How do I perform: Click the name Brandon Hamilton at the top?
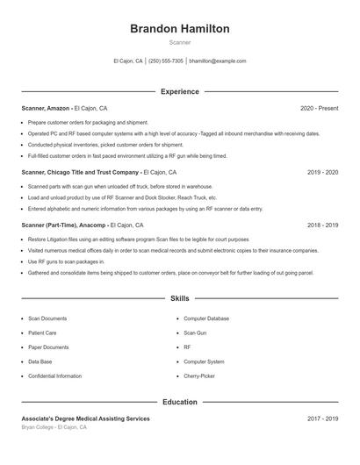click(179, 29)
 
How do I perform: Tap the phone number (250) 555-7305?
click(166, 61)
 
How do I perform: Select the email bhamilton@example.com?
click(218, 61)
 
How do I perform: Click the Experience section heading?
click(179, 91)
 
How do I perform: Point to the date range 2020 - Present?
click(319, 108)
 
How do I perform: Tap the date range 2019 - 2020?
click(322, 173)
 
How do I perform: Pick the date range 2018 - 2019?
click(322, 225)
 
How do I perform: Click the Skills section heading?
click(179, 299)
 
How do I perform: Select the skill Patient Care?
click(42, 333)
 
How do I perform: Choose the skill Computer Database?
click(206, 318)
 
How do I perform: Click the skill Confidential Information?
click(54, 376)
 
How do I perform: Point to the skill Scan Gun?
click(195, 333)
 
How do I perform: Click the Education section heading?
click(179, 402)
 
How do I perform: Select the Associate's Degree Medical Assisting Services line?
click(85, 418)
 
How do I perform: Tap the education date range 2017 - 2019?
click(322, 418)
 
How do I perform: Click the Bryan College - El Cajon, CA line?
click(54, 427)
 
